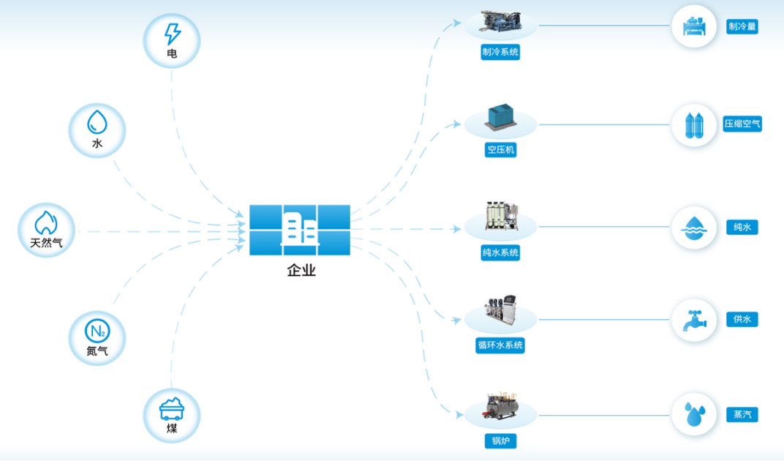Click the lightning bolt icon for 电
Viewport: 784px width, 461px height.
(172, 34)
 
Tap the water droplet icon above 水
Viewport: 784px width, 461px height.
(97, 122)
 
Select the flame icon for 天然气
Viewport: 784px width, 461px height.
(46, 222)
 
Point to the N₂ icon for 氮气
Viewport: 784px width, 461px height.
(97, 330)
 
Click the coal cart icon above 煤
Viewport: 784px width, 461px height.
(172, 407)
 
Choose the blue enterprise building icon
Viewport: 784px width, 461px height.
(299, 230)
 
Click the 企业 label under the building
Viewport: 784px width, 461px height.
(301, 271)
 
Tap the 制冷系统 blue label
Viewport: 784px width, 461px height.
(500, 53)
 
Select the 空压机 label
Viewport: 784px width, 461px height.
(500, 150)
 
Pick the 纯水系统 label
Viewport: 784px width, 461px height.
(500, 252)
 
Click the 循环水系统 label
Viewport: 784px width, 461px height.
(500, 345)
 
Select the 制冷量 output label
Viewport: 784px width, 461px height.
(742, 27)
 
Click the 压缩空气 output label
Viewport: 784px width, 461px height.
(742, 124)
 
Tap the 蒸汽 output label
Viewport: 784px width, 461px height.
(742, 414)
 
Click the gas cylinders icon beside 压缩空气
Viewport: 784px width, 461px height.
(694, 125)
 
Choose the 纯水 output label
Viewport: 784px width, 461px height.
(742, 227)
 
